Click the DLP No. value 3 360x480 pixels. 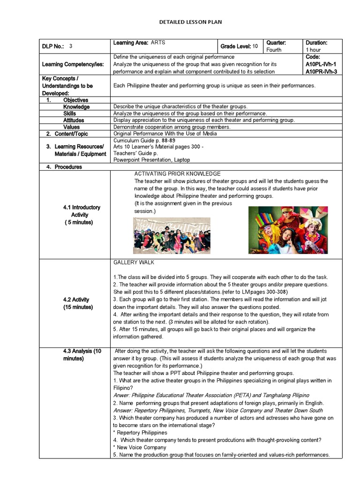[71, 46]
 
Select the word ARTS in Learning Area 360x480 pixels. [158, 43]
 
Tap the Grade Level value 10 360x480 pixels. [255, 46]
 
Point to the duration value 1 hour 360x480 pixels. [314, 50]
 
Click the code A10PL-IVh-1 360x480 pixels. [321, 64]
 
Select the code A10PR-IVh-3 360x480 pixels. [322, 72]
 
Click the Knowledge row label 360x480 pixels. [76, 107]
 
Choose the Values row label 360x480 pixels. [72, 127]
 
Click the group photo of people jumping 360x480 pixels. [172, 236]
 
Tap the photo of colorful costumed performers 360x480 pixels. [288, 230]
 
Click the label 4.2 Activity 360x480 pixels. [76, 300]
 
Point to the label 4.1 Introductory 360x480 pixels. [82, 207]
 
